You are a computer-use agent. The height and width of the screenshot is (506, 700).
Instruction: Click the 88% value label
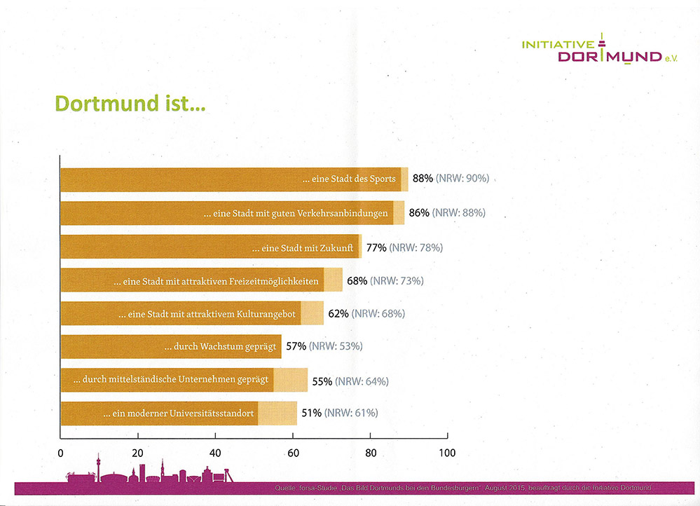(423, 179)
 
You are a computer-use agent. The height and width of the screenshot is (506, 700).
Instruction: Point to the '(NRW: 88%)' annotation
(459, 212)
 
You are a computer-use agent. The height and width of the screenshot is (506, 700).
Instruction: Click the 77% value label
(376, 247)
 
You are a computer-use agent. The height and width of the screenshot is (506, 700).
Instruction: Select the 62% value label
(338, 313)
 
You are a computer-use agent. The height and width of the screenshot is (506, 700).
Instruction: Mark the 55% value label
(322, 381)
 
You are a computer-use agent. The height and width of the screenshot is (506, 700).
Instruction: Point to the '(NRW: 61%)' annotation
(350, 413)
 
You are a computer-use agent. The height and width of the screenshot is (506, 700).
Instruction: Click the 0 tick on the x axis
(61, 453)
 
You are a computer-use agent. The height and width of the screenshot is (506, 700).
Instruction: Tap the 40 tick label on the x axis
(215, 453)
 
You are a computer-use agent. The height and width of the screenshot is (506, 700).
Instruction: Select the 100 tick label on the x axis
(446, 453)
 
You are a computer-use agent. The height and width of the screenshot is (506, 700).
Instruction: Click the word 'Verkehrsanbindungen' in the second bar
(345, 213)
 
